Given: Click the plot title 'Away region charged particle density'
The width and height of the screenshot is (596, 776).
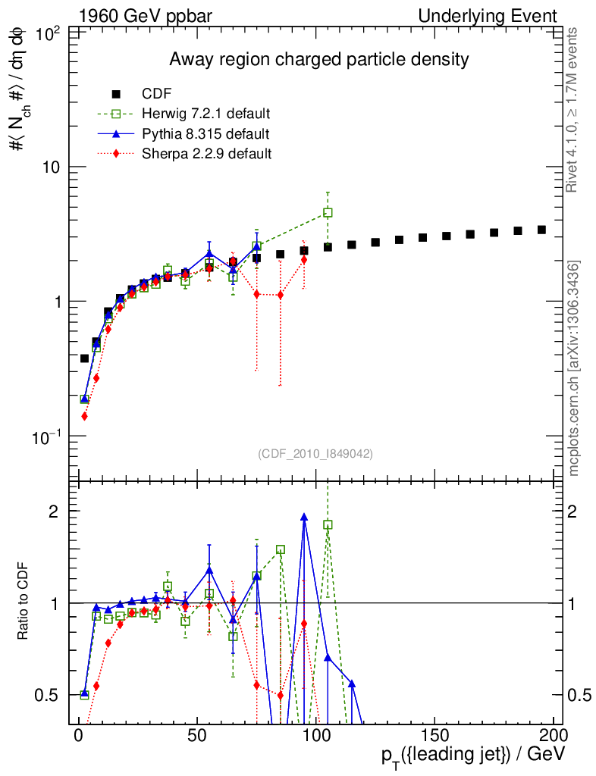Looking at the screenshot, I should pos(318,59).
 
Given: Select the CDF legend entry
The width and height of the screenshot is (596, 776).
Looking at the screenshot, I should pos(157,94).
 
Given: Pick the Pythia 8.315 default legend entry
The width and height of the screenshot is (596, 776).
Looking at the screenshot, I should pos(205,134).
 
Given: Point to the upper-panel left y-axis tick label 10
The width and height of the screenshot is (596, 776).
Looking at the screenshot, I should pos(52,167).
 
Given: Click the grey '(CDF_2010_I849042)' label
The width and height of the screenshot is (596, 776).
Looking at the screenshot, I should pos(315,453).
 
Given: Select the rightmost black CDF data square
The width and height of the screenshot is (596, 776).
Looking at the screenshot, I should pos(541,230).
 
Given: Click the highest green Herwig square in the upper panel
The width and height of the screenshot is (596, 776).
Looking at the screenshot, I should pos(328,213).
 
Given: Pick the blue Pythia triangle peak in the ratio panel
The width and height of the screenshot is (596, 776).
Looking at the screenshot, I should pos(304,517).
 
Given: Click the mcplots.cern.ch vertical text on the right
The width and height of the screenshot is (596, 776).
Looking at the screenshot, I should pos(575,369).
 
